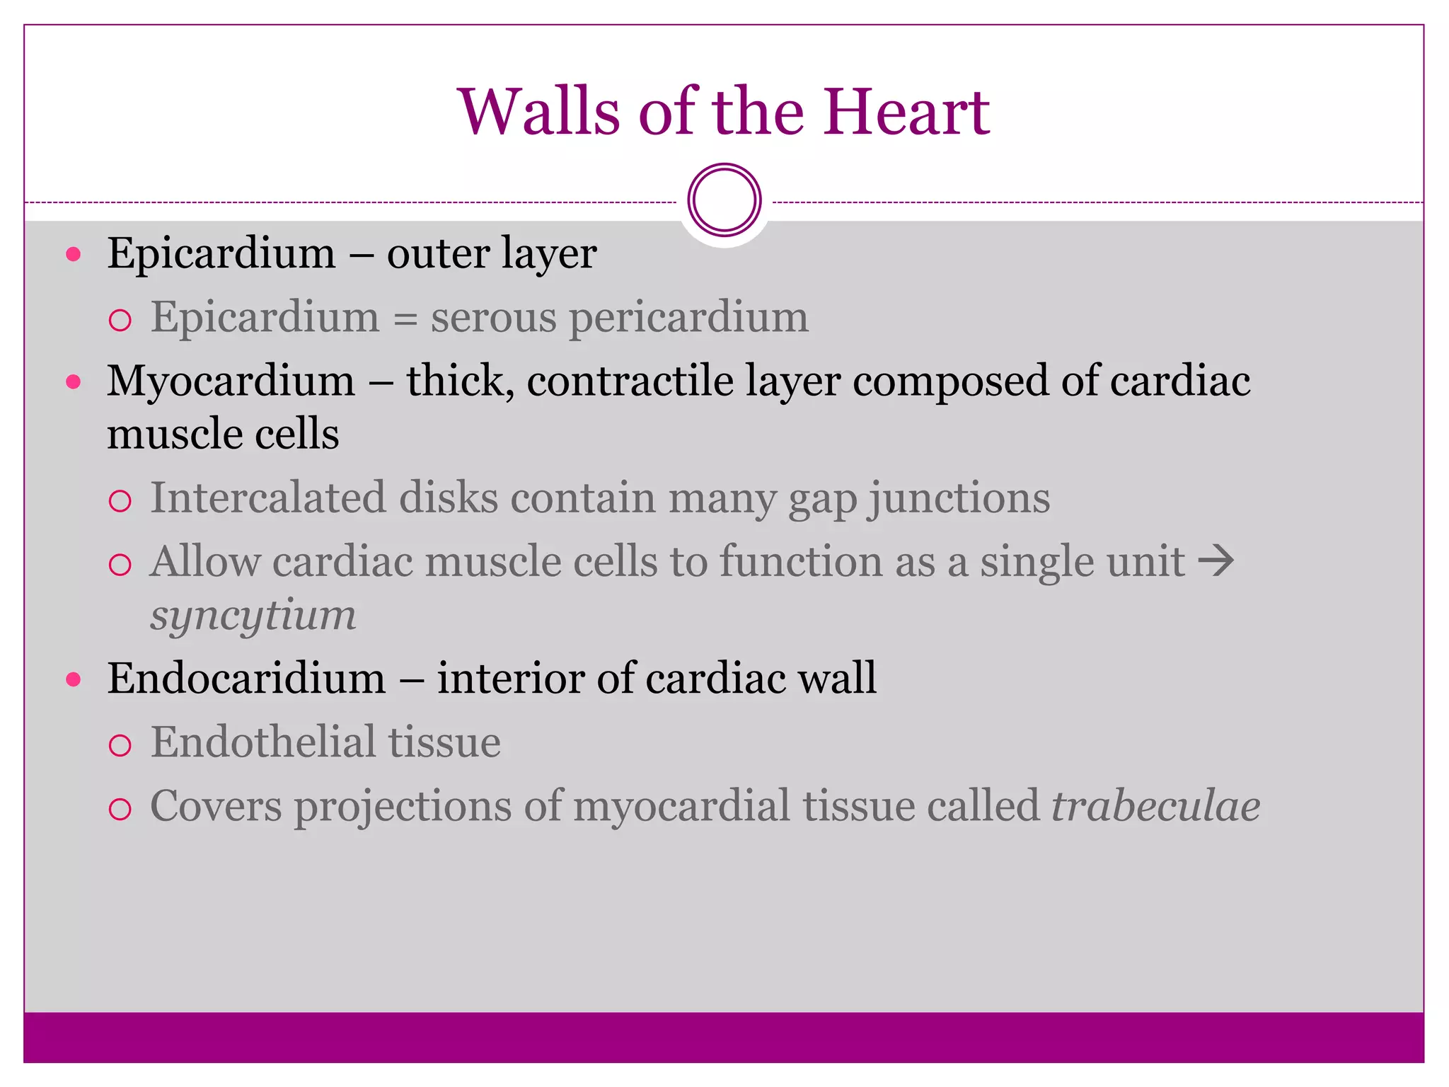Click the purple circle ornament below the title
724,200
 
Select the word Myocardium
231,381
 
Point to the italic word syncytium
253,614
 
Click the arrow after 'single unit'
1216,562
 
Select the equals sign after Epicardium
405,318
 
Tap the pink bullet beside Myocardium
74,382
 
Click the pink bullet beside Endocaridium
74,680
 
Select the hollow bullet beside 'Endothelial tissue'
120,745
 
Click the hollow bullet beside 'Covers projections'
120,809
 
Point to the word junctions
959,499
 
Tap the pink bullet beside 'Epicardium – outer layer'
74,254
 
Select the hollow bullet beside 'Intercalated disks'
120,501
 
